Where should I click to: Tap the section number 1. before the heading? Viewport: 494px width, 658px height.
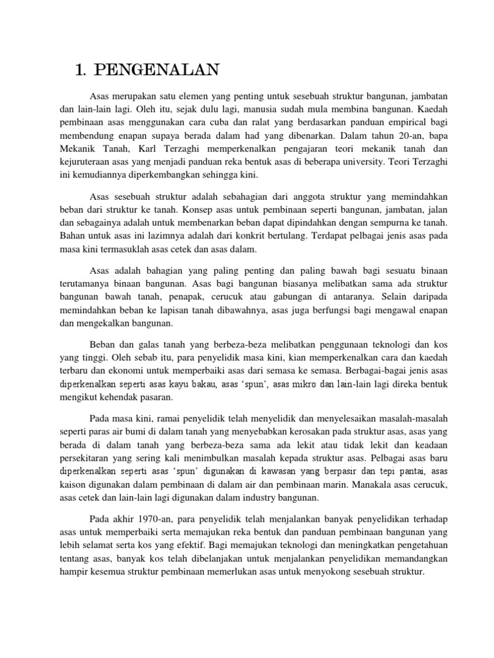[81, 70]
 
